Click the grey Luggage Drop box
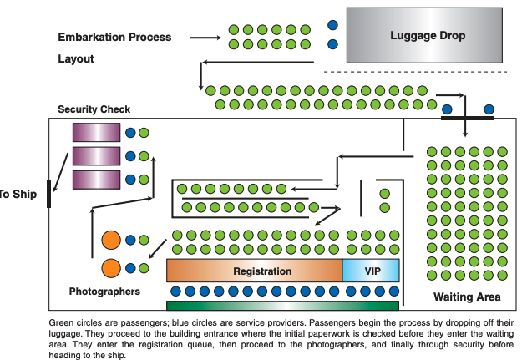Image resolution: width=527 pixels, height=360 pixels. pos(428,35)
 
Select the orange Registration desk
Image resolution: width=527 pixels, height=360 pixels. pos(255,271)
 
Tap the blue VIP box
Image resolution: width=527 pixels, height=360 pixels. pos(372,271)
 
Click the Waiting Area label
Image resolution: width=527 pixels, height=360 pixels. pos(467,297)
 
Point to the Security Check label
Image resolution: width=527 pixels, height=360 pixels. pos(94,109)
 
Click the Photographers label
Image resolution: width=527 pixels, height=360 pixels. pos(104,292)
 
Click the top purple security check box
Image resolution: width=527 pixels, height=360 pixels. pos(96,133)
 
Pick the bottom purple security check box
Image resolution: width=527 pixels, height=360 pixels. pos(96,179)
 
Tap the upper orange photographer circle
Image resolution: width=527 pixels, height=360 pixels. pos(112,241)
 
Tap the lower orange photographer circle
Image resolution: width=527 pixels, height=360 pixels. pos(112,268)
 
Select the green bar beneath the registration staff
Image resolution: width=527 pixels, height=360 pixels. pos(283,305)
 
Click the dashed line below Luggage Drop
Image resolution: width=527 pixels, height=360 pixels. pos(413,72)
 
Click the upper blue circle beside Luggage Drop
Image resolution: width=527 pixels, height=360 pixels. pos(333,26)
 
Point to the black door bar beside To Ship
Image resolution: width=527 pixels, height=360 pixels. pos(49,193)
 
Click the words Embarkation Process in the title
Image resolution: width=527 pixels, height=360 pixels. pos(114,38)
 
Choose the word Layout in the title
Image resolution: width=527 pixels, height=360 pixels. pos(76,59)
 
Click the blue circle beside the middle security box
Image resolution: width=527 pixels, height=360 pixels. pos(130,155)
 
